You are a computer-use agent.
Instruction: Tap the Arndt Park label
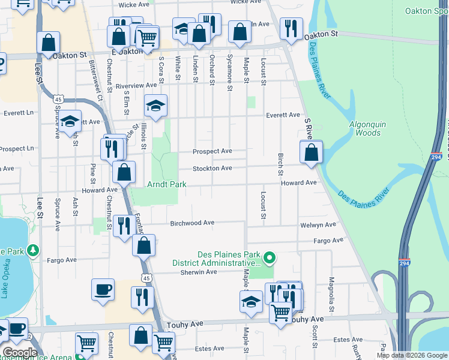coord(167,185)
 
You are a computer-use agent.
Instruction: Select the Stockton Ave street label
coord(212,169)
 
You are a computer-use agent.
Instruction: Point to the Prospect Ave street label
coord(212,151)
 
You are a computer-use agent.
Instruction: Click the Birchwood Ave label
coord(192,223)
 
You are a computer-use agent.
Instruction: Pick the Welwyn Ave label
coord(320,225)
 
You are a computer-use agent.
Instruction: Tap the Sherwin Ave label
coord(199,272)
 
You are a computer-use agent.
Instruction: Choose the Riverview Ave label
coord(136,86)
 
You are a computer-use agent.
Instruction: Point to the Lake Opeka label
coord(5,281)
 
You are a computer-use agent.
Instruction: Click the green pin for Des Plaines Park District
coord(270,259)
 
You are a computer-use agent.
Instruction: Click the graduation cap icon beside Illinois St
coord(155,107)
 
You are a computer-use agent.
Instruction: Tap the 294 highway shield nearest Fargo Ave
coord(405,262)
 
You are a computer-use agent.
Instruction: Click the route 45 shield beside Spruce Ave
coord(58,99)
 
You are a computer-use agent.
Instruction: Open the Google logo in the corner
coord(19,353)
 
